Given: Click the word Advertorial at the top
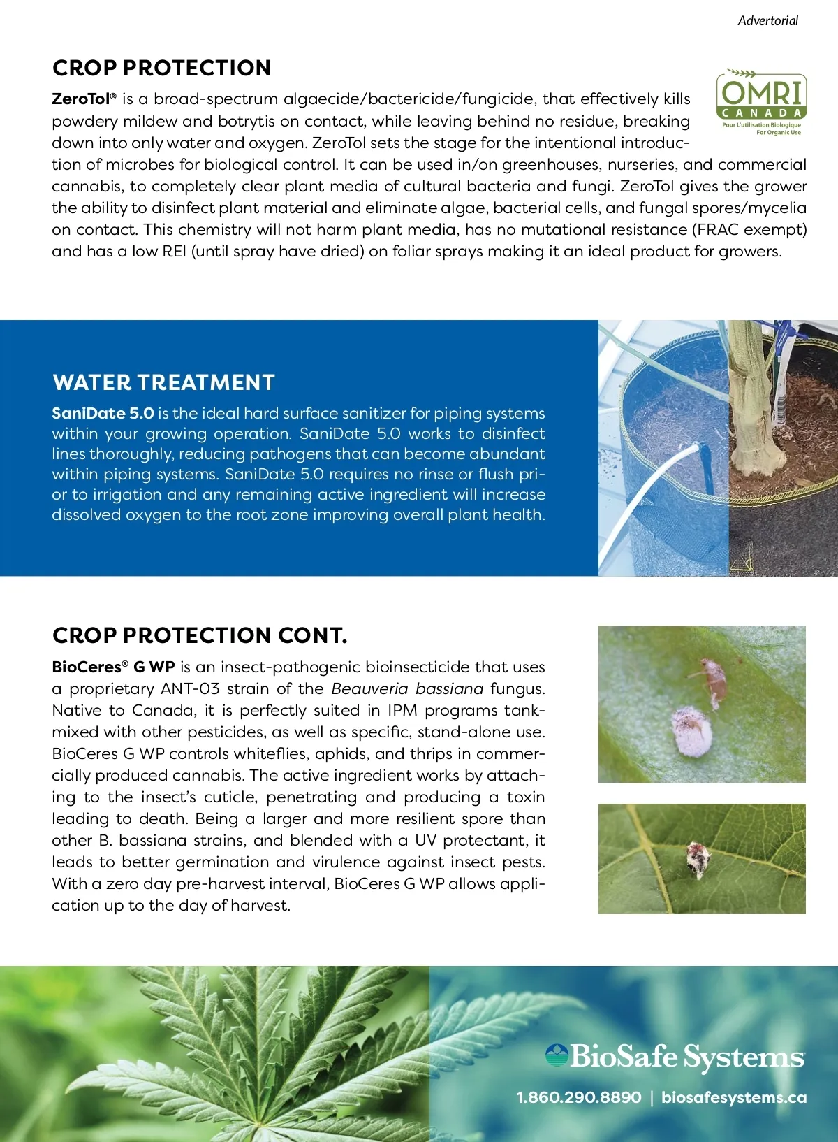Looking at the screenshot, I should [767, 21].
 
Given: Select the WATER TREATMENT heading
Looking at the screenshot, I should [163, 382].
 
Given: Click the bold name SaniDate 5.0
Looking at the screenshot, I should [103, 413].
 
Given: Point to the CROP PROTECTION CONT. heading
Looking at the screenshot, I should [200, 635].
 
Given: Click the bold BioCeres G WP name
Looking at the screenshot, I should [113, 667].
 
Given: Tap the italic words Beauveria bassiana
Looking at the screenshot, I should [407, 688].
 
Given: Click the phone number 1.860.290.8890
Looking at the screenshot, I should [579, 1097].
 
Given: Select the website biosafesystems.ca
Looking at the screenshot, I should [734, 1097].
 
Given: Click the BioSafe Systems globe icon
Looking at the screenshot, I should [557, 1055].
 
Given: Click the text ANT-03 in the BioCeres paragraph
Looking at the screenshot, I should [189, 688].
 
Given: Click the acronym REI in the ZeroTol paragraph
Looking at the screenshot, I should [174, 251].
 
